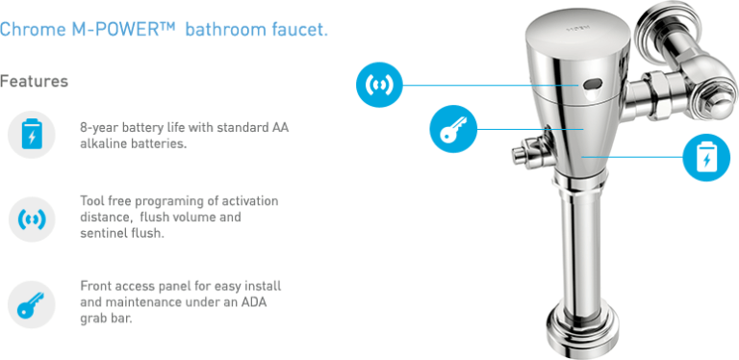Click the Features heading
point(35,81)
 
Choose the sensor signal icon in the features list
point(32,219)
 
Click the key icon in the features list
point(32,303)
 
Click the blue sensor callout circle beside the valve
point(378,85)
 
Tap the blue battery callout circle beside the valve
point(706,156)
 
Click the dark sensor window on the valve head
point(586,85)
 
